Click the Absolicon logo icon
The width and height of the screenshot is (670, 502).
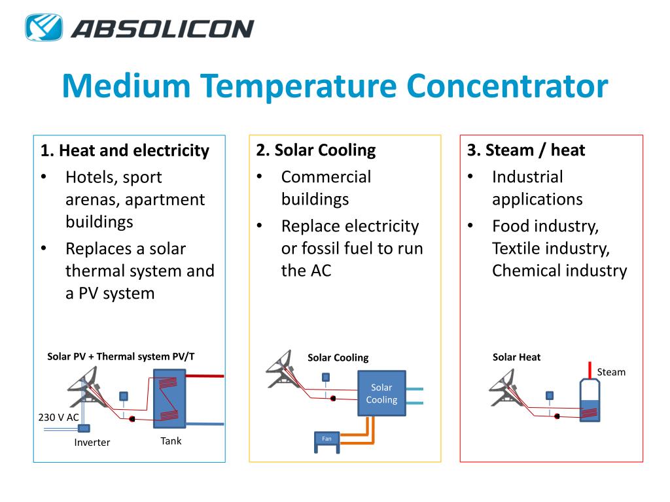[x=44, y=27]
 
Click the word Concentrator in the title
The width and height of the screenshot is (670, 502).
[x=506, y=86]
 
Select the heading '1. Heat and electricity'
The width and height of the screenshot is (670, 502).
[x=124, y=151]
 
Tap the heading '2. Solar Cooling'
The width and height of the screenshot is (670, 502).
[x=316, y=150]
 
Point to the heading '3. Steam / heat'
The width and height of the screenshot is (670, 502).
[x=526, y=150]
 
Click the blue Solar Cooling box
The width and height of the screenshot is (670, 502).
[x=381, y=393]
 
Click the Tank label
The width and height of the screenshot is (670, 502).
[x=171, y=441]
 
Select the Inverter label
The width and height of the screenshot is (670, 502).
[x=92, y=443]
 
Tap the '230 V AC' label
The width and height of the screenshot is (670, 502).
[x=60, y=416]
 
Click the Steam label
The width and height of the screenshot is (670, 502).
[x=611, y=372]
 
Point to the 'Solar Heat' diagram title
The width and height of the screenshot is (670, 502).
[x=516, y=357]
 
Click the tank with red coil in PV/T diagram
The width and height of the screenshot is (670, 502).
[x=169, y=399]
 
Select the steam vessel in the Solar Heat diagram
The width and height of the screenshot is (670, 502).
[x=590, y=402]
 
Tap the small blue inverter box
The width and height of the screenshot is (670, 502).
[x=84, y=429]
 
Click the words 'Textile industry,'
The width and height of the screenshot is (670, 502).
[x=551, y=248]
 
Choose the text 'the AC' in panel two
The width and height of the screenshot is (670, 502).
[x=306, y=271]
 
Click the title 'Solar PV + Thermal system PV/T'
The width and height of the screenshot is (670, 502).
[x=121, y=356]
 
